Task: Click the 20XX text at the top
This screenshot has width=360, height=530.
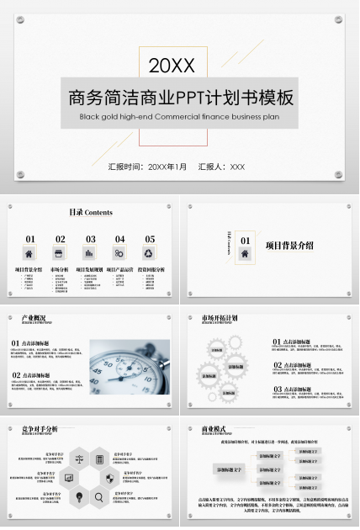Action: pos(172,65)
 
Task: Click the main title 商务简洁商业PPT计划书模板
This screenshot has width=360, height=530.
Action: pos(181,97)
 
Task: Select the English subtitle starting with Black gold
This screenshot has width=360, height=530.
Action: pos(179,117)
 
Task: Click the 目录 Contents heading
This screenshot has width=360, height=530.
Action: pos(90,213)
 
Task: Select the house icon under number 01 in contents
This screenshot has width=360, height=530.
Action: pos(29,253)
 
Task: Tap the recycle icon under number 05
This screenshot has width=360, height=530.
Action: pos(149,253)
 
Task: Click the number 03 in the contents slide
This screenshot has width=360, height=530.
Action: pos(90,239)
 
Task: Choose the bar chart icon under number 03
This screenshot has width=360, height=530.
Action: pos(90,253)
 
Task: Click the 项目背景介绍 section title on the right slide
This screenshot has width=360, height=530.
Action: pos(289,246)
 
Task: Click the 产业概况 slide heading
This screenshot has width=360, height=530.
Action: pos(34,319)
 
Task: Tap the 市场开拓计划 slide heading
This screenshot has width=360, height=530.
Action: pos(219,319)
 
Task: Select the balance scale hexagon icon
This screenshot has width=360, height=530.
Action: pos(78,459)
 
